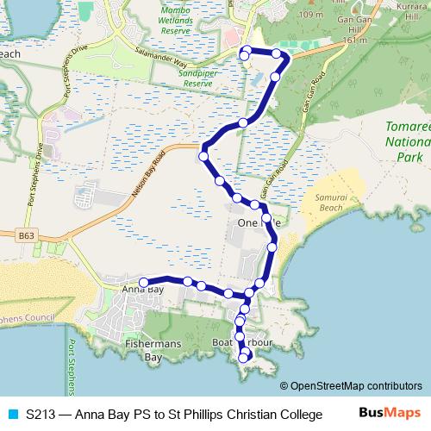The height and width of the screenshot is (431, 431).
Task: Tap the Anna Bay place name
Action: (x=143, y=290)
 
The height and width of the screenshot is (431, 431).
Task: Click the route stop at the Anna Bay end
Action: (x=144, y=281)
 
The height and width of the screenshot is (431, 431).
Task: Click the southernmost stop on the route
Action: (x=247, y=357)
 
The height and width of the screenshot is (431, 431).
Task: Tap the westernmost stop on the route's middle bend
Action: (x=203, y=156)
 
